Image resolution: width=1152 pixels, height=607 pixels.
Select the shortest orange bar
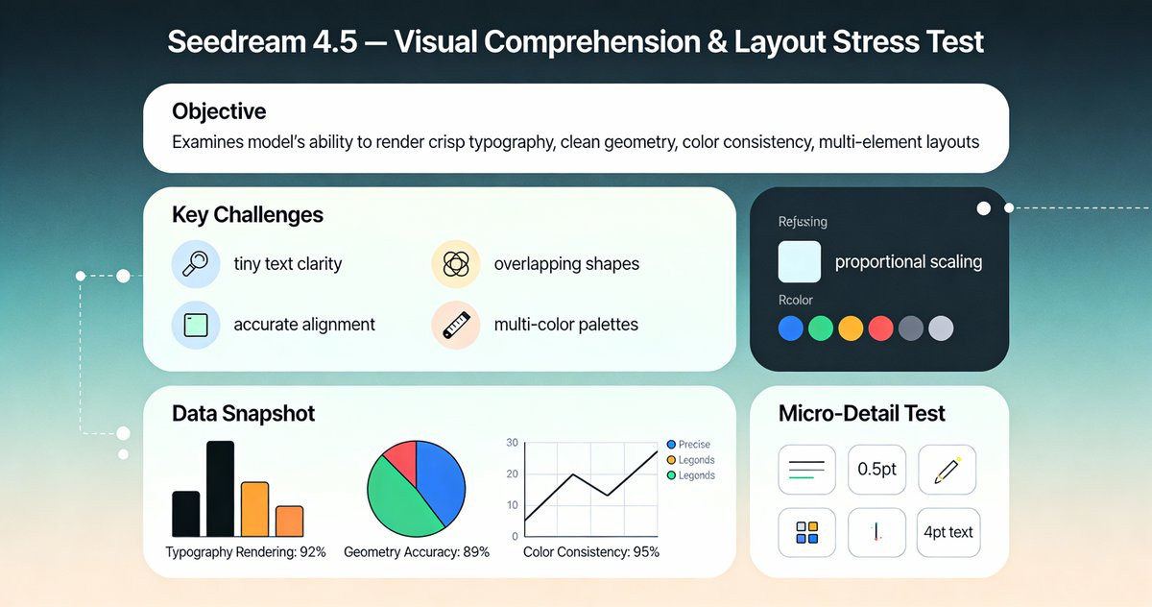pos(289,521)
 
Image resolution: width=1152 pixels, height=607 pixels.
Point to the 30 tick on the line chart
pos(512,443)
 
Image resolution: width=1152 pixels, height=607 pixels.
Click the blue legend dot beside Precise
pos(671,445)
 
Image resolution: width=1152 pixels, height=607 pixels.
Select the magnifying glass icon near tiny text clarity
pos(195,263)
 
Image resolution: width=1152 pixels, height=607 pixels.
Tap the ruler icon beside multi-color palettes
pos(455,325)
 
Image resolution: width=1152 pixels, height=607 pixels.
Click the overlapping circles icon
pos(455,263)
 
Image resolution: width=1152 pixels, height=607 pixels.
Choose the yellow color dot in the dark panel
pos(851,328)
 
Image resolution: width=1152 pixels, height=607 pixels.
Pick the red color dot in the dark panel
pos(880,328)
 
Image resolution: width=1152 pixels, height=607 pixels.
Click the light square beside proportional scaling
pos(799,261)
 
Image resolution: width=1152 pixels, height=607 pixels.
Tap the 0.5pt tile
pos(876,470)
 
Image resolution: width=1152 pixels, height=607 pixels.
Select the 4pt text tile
pos(948,532)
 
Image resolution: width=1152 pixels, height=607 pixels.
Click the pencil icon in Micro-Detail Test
pos(947,470)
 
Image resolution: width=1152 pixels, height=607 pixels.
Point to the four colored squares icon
pos(807,532)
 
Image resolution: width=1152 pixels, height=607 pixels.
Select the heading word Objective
pos(219,111)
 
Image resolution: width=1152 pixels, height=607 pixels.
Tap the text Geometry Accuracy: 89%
pos(416,552)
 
